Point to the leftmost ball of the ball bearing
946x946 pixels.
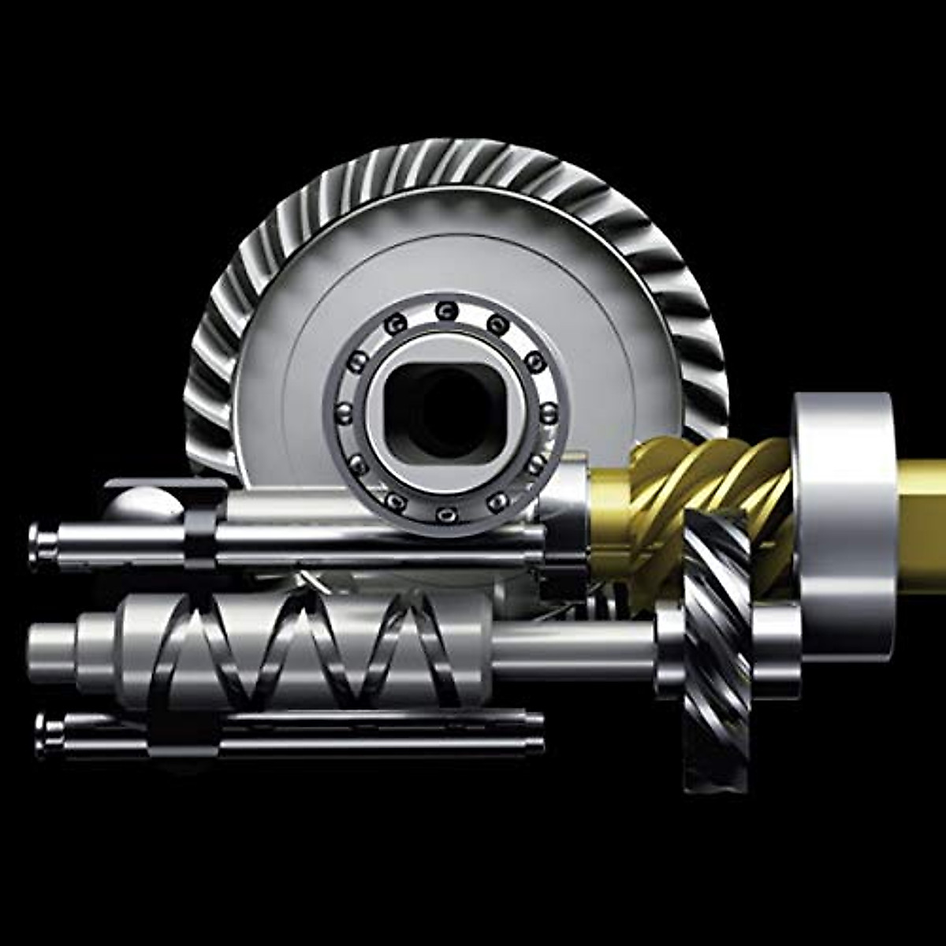click(x=344, y=412)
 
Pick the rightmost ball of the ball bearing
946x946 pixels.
click(x=549, y=412)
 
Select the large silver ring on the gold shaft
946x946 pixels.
click(x=844, y=520)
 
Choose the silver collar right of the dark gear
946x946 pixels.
click(x=777, y=646)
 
